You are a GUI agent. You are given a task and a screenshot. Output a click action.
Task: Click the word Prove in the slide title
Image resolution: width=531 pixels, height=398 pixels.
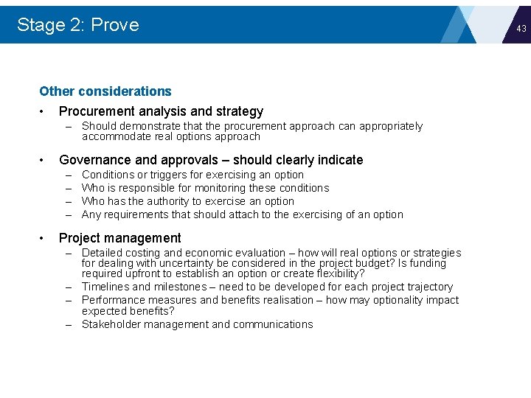pyautogui.click(x=115, y=25)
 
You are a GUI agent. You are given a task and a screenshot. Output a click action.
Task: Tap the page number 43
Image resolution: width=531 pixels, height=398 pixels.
pyautogui.click(x=521, y=28)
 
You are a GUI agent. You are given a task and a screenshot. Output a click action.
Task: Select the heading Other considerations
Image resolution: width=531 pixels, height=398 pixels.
pyautogui.click(x=105, y=91)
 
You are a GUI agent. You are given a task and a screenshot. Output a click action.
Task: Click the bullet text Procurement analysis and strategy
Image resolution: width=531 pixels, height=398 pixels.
pyautogui.click(x=161, y=111)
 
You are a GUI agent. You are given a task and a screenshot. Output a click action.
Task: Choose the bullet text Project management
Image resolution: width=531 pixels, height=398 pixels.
pyautogui.click(x=119, y=238)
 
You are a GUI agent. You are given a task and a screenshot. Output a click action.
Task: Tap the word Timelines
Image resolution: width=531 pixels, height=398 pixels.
pyautogui.click(x=105, y=287)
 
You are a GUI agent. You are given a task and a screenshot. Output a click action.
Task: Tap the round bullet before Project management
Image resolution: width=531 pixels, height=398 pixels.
pyautogui.click(x=43, y=238)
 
